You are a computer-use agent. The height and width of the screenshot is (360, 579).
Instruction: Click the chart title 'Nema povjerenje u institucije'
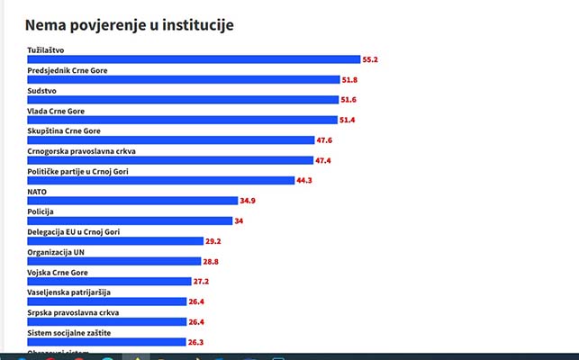pos(130,25)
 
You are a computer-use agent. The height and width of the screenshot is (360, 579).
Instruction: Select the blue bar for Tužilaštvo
pos(194,59)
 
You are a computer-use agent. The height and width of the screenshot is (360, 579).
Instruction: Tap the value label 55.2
pos(369,59)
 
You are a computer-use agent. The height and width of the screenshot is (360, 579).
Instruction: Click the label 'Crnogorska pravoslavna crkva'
pos(81,151)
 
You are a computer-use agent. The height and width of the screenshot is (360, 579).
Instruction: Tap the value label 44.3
pos(309,181)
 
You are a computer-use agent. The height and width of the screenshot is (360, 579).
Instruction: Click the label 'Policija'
pos(41,211)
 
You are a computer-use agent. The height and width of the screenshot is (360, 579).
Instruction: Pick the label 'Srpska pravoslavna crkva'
pos(73,312)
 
